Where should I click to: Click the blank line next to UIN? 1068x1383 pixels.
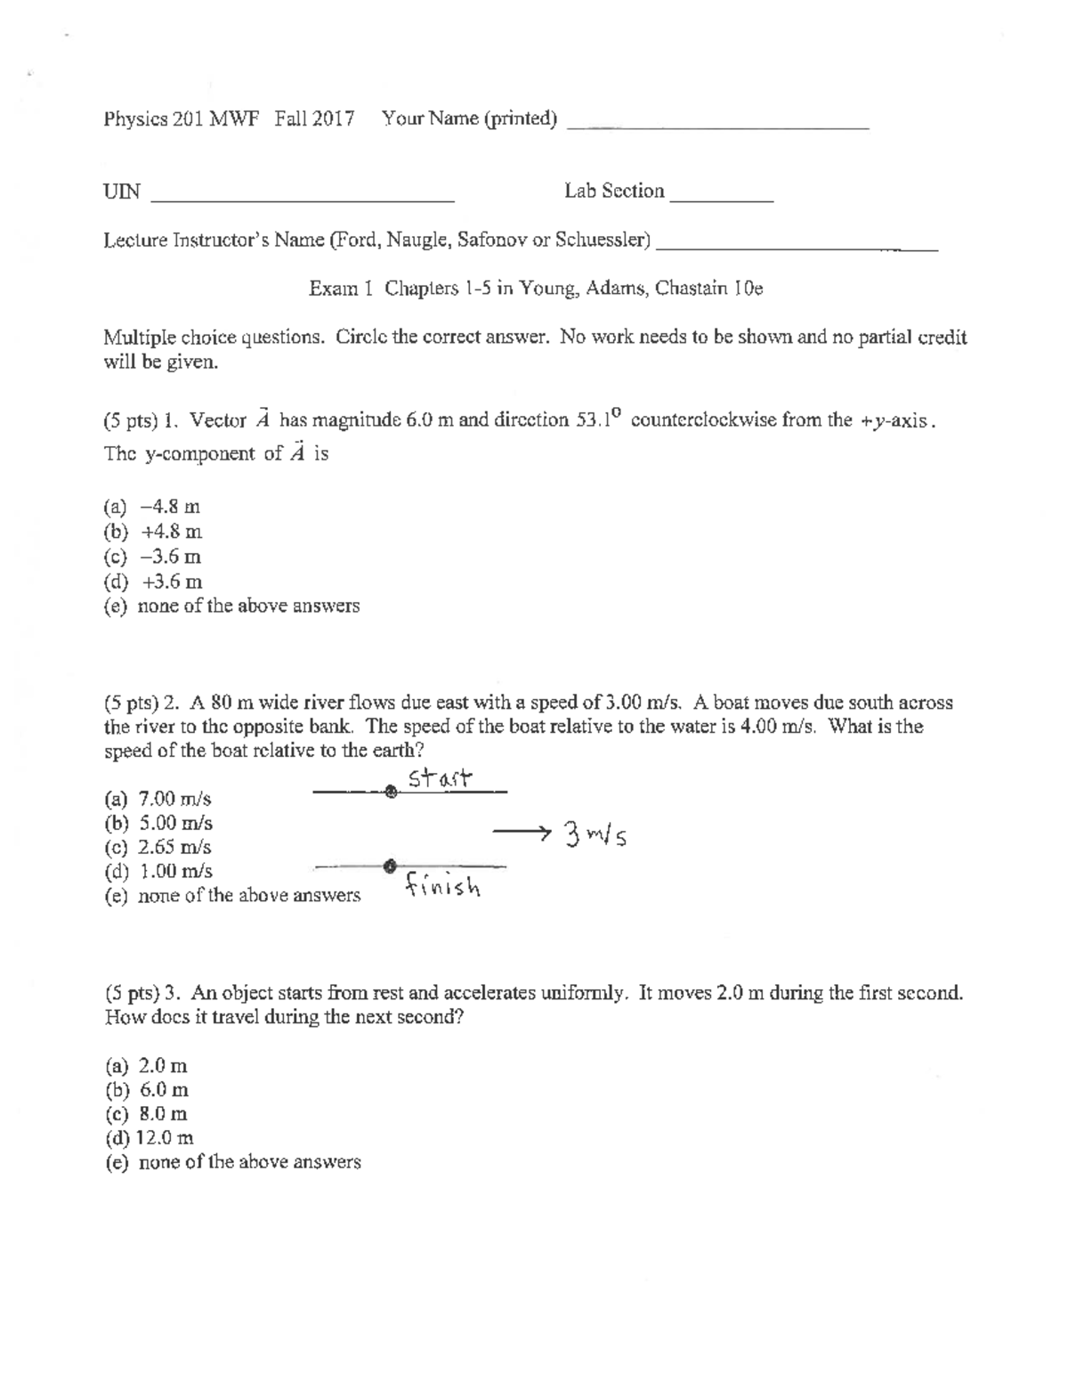(x=303, y=199)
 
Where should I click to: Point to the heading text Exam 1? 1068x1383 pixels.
(x=339, y=289)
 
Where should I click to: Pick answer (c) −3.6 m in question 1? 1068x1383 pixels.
(x=152, y=557)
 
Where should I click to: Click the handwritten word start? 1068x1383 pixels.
(x=440, y=778)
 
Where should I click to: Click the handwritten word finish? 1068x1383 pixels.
(x=442, y=886)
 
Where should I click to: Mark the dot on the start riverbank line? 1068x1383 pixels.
(x=390, y=792)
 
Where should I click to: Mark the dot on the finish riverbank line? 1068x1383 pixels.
(x=389, y=865)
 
